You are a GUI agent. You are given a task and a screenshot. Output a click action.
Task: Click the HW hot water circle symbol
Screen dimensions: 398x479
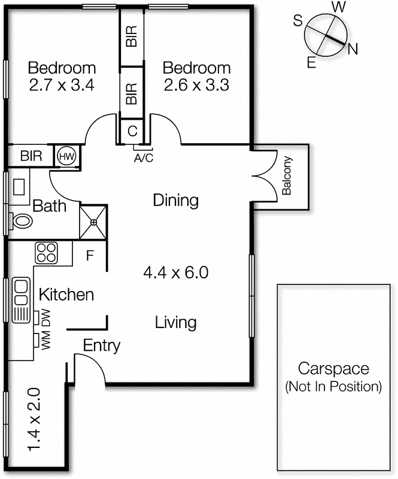coord(66,156)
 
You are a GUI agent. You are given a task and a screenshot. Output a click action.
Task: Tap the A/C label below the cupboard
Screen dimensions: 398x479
coord(144,158)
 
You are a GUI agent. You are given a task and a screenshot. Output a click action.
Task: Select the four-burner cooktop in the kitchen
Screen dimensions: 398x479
coord(46,253)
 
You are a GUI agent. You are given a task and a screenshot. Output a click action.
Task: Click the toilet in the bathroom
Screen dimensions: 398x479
coord(21,220)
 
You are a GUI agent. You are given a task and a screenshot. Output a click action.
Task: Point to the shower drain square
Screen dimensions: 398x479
coord(93,222)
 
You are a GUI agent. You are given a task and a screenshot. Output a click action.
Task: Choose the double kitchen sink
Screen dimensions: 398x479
coord(21,300)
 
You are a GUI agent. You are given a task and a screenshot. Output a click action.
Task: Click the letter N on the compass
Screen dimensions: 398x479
coord(353,49)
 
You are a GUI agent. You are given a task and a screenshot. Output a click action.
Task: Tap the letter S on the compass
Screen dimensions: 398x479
coord(298,21)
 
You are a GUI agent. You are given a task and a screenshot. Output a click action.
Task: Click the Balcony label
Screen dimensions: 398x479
coord(287,176)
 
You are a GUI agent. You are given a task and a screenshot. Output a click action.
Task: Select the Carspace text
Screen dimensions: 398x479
coord(333,368)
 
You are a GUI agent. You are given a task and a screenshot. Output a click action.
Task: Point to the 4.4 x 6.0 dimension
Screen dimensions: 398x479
coord(176,272)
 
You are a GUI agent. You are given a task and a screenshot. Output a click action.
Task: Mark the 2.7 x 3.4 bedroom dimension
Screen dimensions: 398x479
coord(62,85)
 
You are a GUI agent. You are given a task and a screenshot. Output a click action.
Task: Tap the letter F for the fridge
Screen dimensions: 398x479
coord(90,256)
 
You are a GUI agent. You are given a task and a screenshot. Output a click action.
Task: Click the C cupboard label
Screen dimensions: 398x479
coord(132,131)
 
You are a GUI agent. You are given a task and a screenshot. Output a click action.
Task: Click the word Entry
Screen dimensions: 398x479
coord(102,346)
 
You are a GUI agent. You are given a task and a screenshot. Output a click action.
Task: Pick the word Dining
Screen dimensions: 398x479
coord(175,201)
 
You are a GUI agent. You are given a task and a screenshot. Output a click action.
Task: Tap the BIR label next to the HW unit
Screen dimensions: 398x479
coord(31,156)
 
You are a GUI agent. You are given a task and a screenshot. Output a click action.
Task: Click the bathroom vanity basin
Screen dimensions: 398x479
coord(19,187)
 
